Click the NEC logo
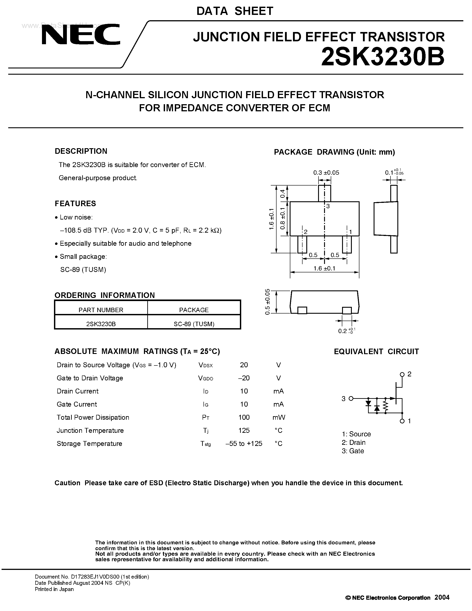coord(81,34)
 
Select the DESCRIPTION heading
coord(81,151)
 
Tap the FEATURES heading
coord(75,203)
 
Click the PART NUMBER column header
coord(101,310)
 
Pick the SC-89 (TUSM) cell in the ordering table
coord(194,324)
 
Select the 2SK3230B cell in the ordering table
coord(101,324)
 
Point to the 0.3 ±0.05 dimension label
coord(326,173)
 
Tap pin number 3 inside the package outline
coord(328,206)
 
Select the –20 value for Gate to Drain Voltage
coord(244,378)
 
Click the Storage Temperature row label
coord(90,443)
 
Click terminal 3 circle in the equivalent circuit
coord(351,398)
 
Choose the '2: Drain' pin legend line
coord(353,442)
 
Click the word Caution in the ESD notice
coord(67,483)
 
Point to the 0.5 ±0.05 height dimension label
coord(268,302)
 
